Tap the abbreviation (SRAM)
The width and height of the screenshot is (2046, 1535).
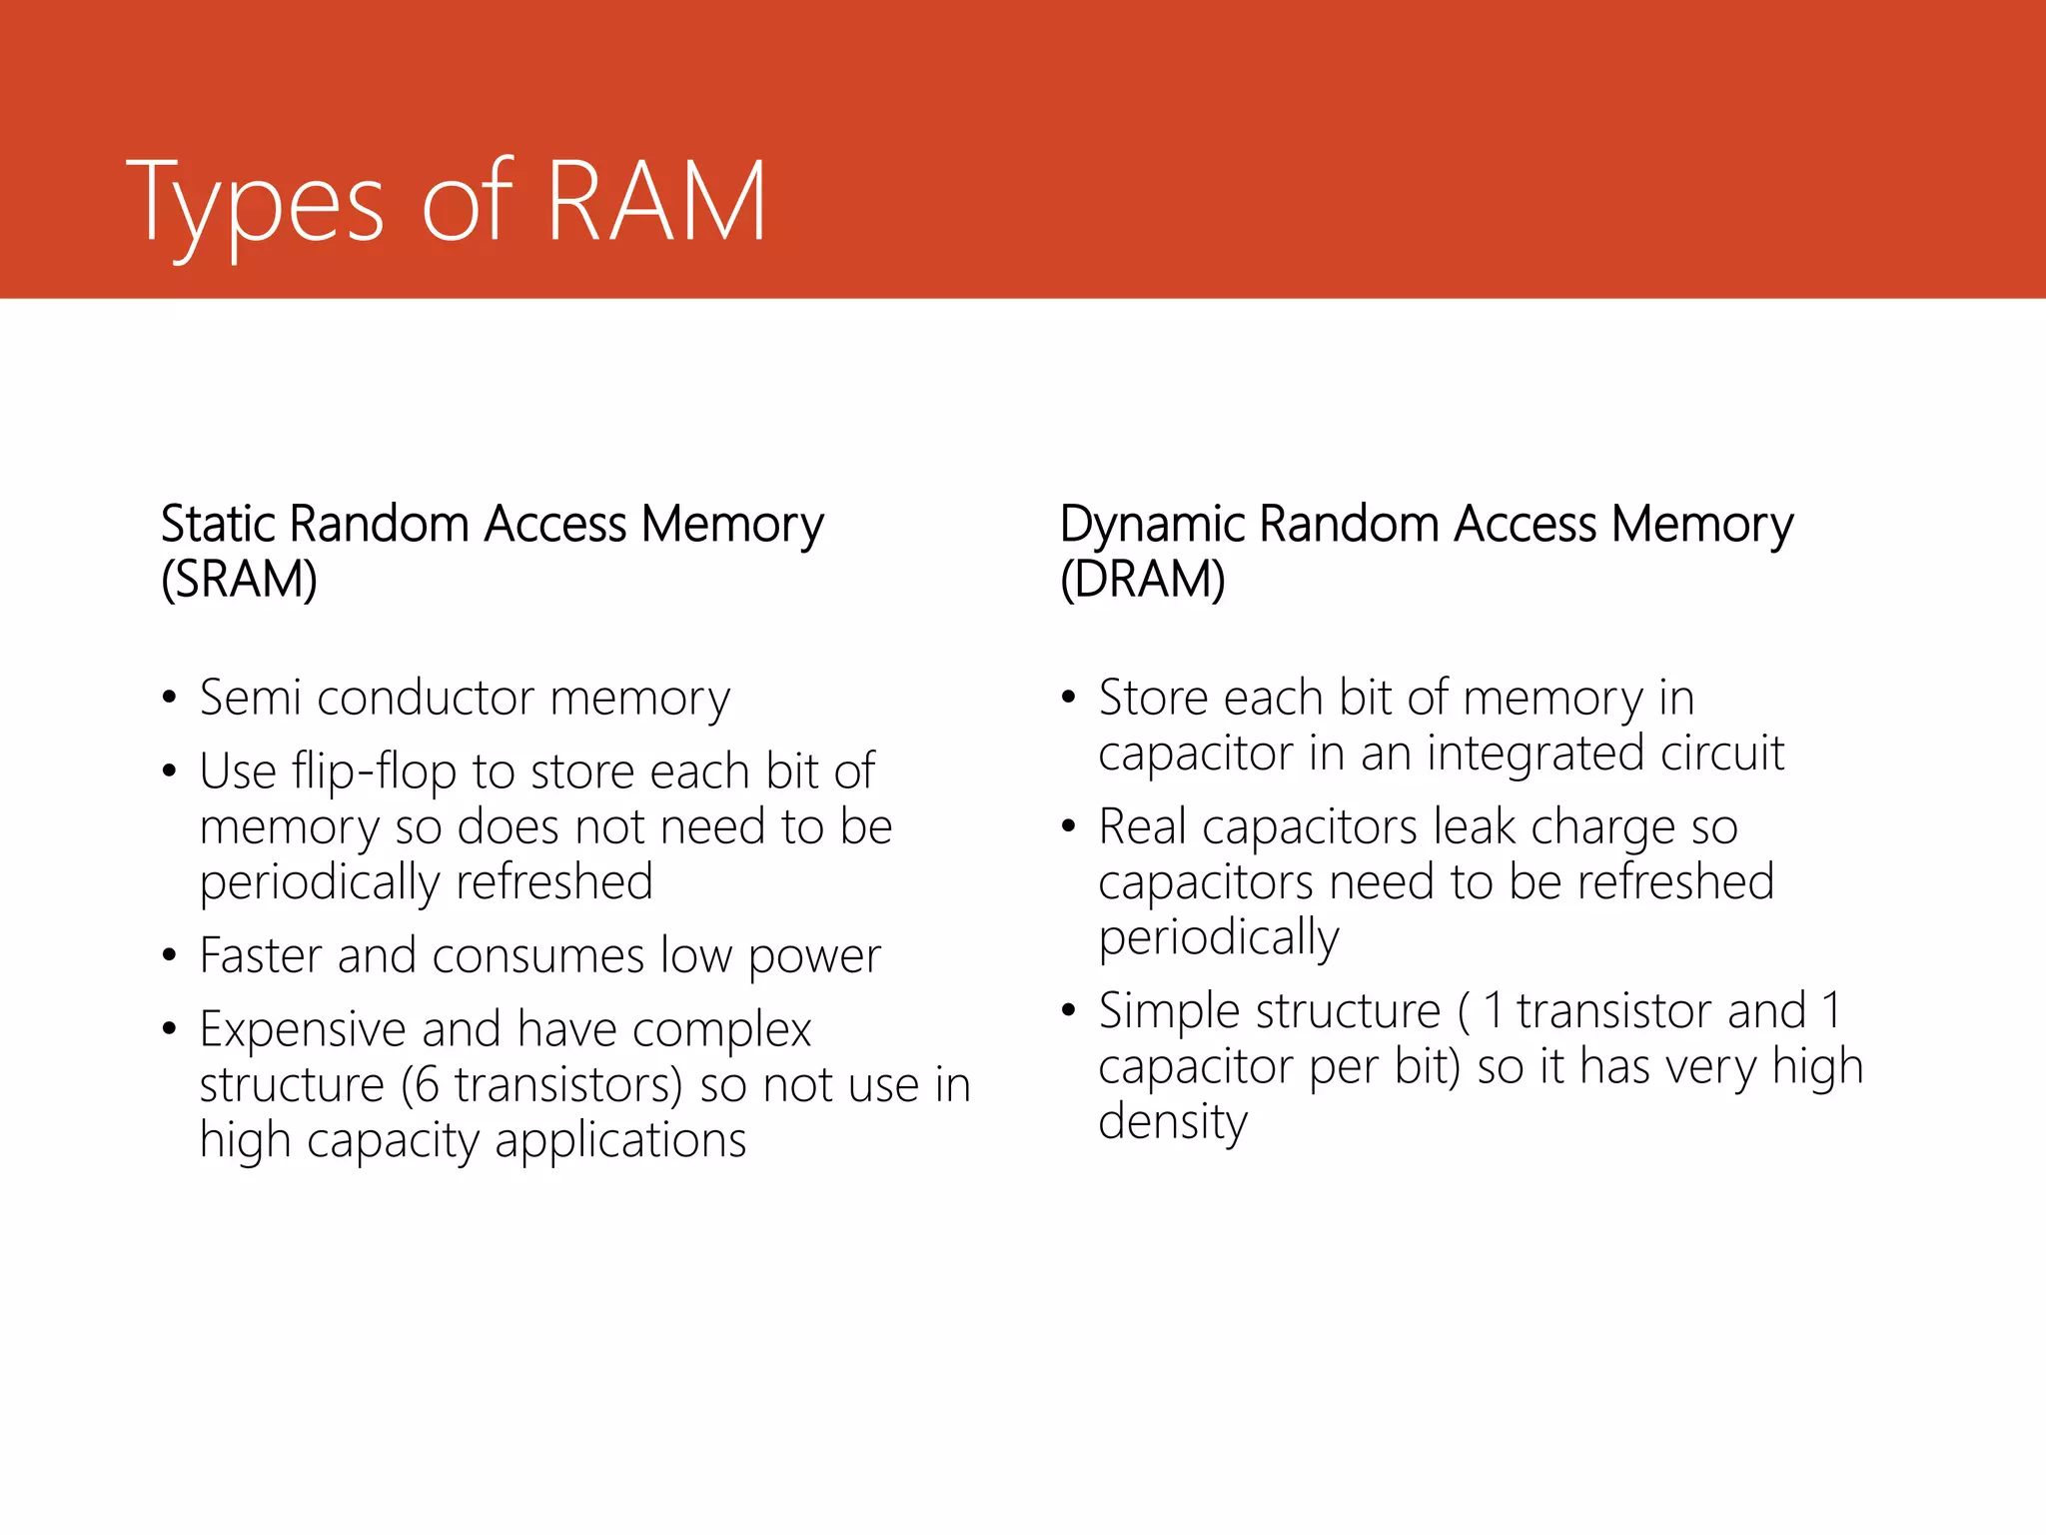[x=239, y=580]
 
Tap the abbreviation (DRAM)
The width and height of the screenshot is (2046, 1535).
[x=1142, y=580]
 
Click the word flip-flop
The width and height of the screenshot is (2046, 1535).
[x=374, y=772]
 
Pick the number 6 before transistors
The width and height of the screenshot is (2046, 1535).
[x=427, y=1085]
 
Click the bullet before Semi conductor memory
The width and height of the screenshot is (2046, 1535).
[x=170, y=697]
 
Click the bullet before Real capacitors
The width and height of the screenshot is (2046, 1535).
[x=1069, y=826]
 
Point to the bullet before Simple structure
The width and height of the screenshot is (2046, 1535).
[x=1069, y=1010]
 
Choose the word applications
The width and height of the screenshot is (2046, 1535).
[x=620, y=1140]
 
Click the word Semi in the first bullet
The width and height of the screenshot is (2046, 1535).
[x=250, y=698]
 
